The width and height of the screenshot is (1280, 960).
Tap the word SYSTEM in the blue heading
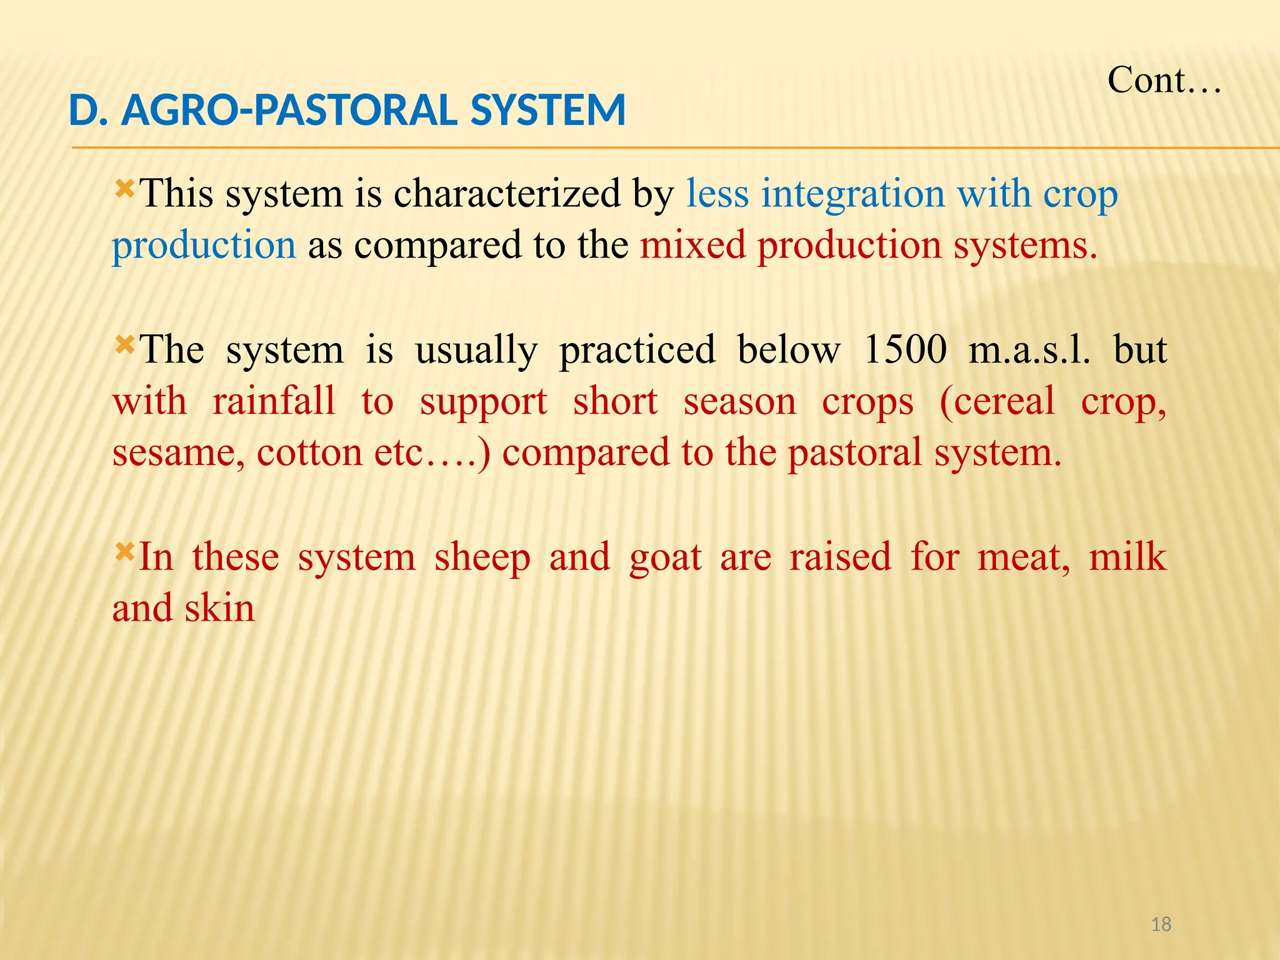(547, 110)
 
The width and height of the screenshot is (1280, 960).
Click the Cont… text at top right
(1164, 81)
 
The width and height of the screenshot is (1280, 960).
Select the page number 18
(1161, 924)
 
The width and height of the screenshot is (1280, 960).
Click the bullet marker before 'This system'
(124, 187)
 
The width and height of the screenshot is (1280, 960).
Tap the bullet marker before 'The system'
(124, 343)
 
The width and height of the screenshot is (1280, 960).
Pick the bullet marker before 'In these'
(124, 551)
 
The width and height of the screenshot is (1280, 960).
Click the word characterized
(506, 194)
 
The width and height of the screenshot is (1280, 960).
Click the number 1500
(904, 349)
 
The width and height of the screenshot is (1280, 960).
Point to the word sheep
(482, 558)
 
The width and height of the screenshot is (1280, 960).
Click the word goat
(665, 558)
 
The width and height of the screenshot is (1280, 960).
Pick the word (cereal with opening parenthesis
(997, 402)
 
